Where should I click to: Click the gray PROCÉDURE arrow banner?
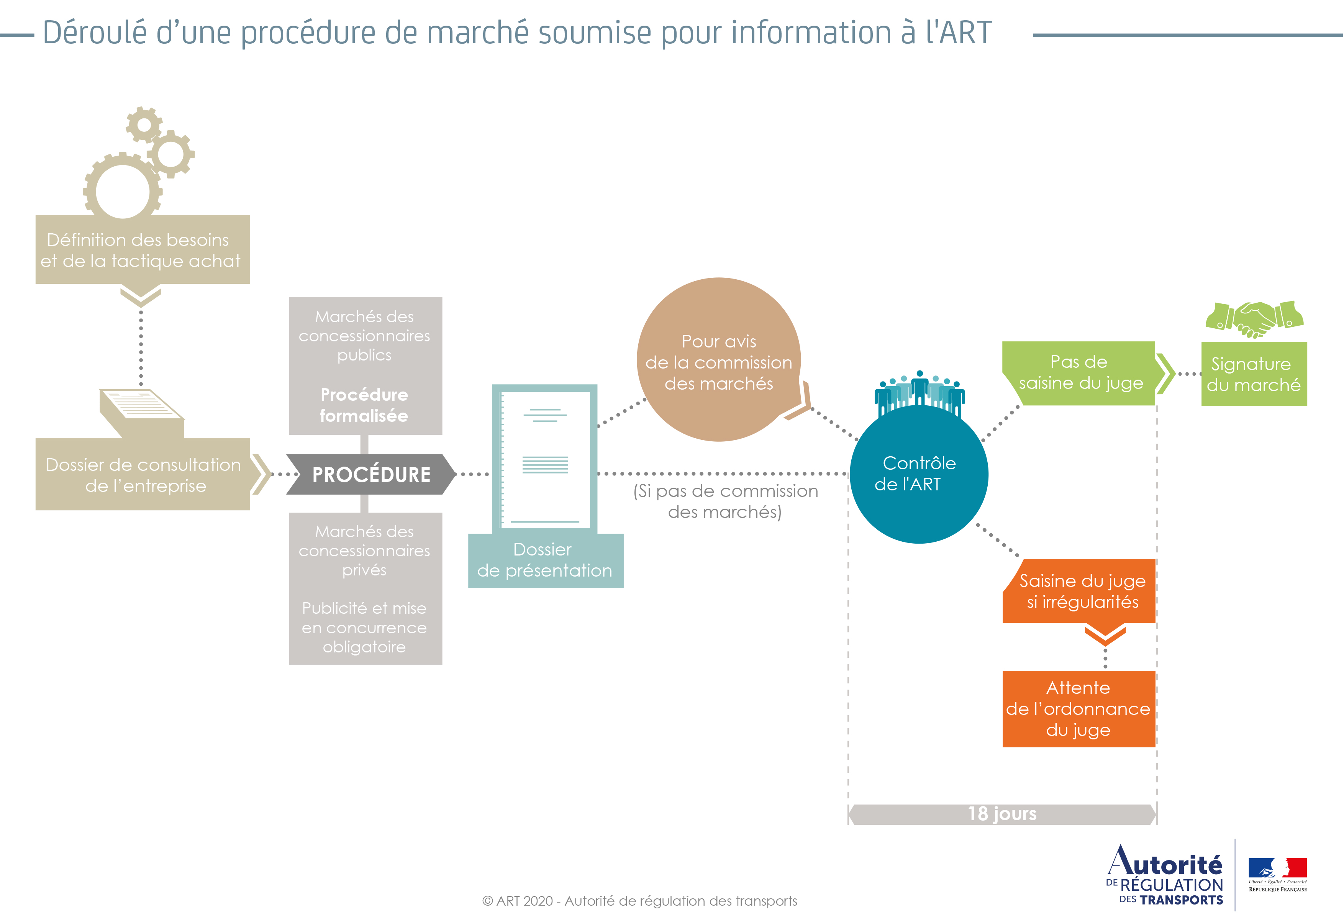pos(371,474)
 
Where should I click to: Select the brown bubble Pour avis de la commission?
pos(718,361)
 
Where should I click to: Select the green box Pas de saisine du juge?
pos(1078,372)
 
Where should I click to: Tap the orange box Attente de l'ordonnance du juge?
pos(1078,708)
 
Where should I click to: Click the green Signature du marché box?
pos(1254,374)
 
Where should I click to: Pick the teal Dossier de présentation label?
pos(545,560)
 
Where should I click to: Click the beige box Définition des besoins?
pos(142,250)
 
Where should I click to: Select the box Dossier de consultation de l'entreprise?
pos(142,475)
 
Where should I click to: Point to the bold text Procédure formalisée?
pos(364,405)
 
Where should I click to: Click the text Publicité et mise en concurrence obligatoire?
pos(364,628)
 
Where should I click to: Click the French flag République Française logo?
pos(1277,874)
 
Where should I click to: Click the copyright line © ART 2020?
pos(639,900)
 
